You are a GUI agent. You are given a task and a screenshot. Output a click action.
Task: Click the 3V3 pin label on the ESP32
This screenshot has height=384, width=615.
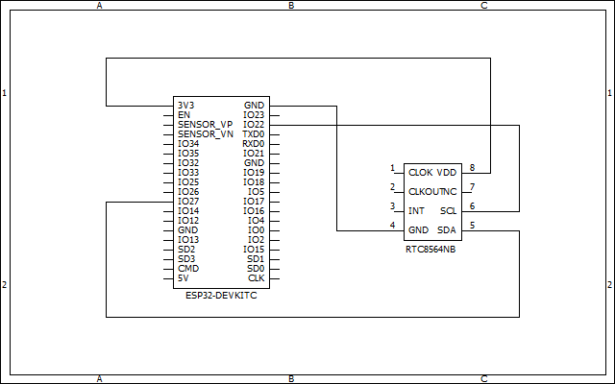coord(185,106)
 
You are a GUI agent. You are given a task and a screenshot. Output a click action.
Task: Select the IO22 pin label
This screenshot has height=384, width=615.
coord(254,125)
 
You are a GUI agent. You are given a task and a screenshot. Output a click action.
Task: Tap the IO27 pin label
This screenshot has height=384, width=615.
coord(188,202)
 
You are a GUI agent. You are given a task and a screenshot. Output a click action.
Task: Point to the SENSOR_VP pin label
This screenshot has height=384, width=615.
coord(205,125)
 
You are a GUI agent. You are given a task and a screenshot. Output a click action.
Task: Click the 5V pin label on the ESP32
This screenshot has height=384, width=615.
coord(183,278)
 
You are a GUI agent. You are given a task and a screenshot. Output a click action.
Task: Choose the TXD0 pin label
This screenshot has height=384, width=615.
coord(253,134)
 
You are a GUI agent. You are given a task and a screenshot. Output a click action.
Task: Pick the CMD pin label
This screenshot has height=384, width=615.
coord(188,269)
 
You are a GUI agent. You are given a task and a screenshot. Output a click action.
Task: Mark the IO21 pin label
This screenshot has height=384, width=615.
coord(254,154)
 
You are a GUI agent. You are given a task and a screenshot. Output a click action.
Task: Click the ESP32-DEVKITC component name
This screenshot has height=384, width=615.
coord(221,296)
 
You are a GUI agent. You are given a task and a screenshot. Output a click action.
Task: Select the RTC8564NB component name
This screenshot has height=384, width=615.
coord(431,249)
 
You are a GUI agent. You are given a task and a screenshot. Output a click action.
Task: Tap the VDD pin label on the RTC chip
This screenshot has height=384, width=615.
coord(447,173)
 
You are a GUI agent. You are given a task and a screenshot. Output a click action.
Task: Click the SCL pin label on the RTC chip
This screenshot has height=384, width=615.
coord(448,211)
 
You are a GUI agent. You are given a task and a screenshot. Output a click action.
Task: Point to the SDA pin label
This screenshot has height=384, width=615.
coord(447,230)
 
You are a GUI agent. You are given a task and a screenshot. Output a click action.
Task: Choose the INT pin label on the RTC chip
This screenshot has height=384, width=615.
coord(417,211)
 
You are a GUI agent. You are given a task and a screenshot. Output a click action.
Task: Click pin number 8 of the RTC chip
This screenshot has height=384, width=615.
coord(472,168)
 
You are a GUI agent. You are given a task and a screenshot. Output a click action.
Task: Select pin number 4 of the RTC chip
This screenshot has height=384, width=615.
coord(392,226)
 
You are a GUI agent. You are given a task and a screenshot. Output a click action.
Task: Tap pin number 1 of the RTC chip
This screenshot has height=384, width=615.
coord(392,168)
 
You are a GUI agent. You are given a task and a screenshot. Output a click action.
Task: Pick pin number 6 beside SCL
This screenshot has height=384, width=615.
coord(472,206)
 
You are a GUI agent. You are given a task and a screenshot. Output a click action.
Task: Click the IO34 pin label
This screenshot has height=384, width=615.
coord(188,144)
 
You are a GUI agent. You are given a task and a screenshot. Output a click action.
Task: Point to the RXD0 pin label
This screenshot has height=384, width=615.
coord(253,144)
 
